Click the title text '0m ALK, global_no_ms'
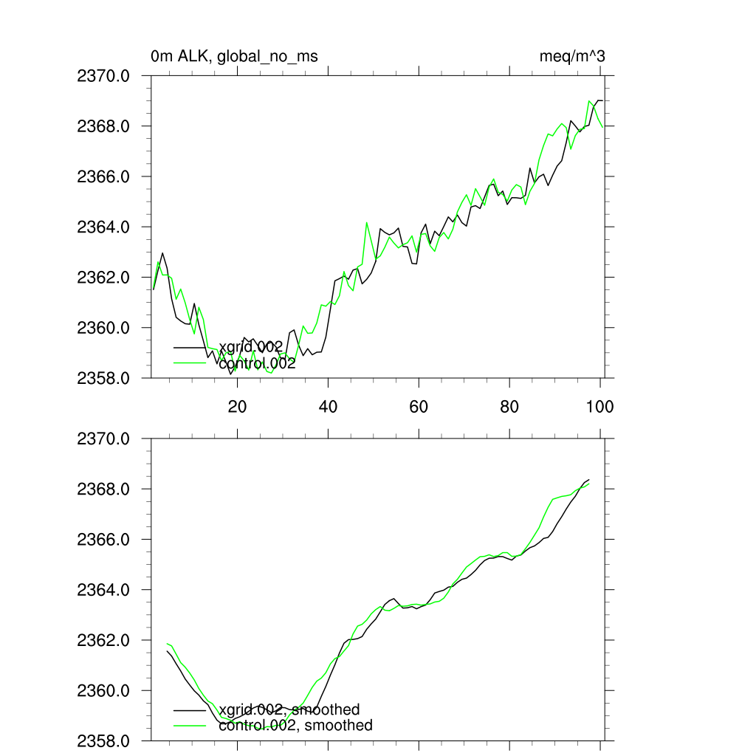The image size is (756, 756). tap(234, 56)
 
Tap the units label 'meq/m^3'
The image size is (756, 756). tap(573, 56)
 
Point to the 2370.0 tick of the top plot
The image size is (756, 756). tap(103, 76)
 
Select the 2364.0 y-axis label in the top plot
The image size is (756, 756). tap(103, 227)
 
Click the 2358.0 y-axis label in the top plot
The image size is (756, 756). tap(103, 378)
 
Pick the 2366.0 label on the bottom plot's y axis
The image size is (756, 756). tap(103, 540)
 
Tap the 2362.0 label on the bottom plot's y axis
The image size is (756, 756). tap(103, 640)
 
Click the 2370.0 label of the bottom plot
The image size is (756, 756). tap(103, 439)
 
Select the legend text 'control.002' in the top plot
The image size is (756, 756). tap(257, 363)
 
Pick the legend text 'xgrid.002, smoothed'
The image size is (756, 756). tap(289, 710)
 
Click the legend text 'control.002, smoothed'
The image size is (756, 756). tap(295, 726)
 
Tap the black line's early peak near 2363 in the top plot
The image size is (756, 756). tap(162, 253)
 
